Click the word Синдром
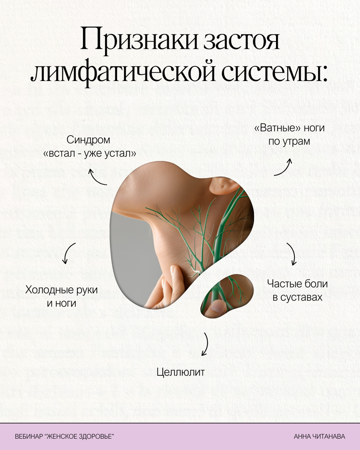point(89,140)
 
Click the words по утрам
point(289,142)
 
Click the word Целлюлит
point(181,372)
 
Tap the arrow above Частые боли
point(292,253)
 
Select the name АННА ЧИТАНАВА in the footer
point(319,436)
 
